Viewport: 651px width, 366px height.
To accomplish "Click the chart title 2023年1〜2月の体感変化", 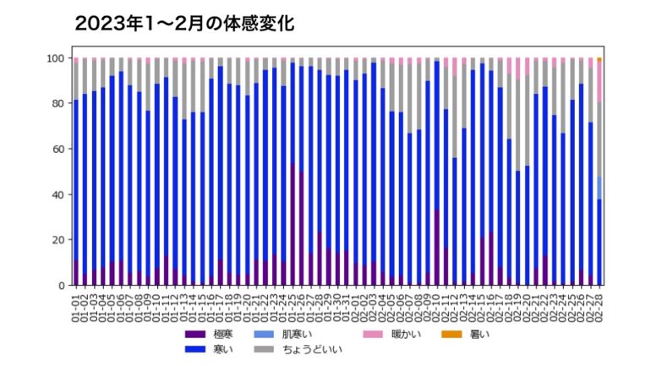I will coord(184,24).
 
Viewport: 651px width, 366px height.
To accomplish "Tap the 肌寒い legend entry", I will coord(292,335).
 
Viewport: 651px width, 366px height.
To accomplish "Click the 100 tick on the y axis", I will coord(57,58).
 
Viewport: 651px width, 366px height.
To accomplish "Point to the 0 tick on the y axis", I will coord(62,286).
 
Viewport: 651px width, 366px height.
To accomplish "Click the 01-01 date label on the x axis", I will coord(76,304).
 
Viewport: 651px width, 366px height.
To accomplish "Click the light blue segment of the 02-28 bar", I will coord(600,188).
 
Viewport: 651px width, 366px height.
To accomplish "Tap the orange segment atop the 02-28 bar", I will coord(600,60).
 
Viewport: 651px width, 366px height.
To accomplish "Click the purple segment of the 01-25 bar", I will coord(293,225).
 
